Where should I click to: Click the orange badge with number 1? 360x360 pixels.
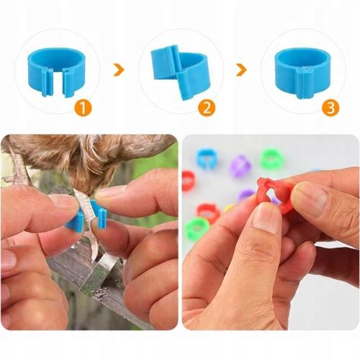coord(83,108)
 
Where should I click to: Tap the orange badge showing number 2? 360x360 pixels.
coord(207,108)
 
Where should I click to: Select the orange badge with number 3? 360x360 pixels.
coord(330,108)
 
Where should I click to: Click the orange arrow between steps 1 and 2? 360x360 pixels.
coord(119,70)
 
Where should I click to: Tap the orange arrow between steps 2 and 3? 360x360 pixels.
coord(242,70)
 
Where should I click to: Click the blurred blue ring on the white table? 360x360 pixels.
coord(207,158)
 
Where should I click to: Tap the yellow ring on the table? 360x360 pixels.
coord(230,207)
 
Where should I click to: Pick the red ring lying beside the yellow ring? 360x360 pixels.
coord(208,212)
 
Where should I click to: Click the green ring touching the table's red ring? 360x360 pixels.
coord(197,228)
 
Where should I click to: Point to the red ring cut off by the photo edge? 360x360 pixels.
coord(189,181)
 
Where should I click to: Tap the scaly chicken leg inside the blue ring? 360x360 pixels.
coord(85,211)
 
